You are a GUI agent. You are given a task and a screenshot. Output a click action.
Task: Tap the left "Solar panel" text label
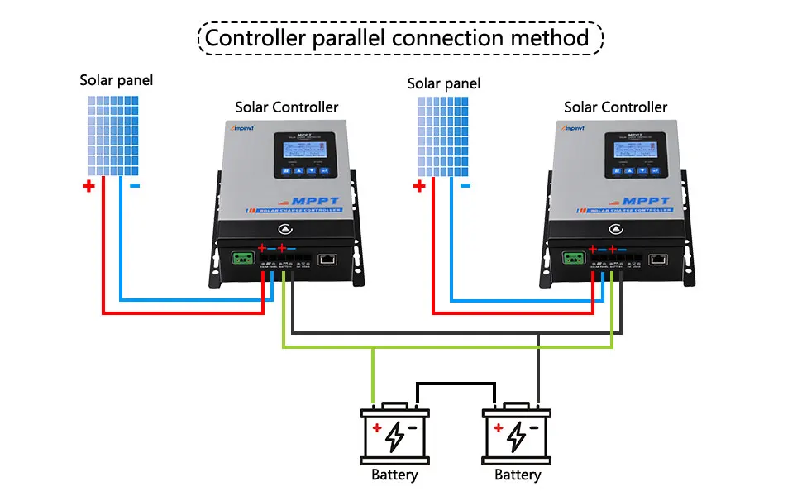(117, 80)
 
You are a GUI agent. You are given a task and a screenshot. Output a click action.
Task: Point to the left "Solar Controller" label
(286, 107)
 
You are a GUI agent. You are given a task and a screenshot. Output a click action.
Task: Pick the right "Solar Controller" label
(615, 107)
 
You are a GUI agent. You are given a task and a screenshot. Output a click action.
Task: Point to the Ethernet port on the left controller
(327, 260)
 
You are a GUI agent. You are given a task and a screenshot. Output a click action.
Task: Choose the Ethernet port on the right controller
(659, 260)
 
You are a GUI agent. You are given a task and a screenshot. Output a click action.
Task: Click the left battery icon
(395, 434)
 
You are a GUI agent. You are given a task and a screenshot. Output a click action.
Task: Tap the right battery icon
(518, 434)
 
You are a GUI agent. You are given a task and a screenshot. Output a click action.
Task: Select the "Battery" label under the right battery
(518, 475)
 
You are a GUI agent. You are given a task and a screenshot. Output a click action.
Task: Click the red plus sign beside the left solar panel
(88, 187)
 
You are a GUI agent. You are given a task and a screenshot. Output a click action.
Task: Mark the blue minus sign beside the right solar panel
(465, 187)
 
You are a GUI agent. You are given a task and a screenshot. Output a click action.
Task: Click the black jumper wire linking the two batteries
(456, 383)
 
